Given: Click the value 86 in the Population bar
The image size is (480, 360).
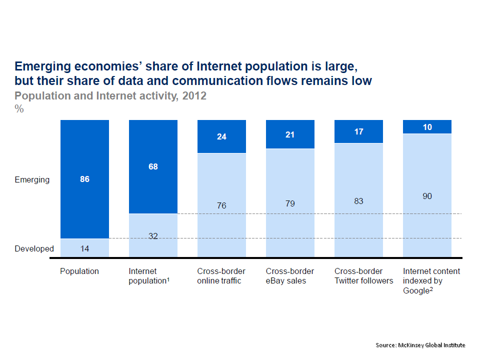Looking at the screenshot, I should pos(84,179).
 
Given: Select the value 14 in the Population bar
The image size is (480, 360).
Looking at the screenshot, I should pos(84,248).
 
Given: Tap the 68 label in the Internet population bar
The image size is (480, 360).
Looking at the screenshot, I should pos(153,166).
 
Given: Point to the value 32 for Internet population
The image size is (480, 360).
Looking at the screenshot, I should pos(153,236).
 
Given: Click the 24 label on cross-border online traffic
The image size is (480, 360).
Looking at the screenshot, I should pos(221,136).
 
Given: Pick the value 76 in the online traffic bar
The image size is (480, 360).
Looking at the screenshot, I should pos(221,205).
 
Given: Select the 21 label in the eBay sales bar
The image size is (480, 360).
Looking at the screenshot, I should pos(290,134).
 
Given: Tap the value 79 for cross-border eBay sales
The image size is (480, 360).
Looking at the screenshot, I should pos(290,203).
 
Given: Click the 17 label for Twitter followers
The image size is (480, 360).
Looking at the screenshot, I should pos(358,132).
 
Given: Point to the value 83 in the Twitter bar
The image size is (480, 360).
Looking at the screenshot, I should pos(358,201).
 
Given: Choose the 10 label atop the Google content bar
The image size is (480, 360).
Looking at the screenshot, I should pos(427,127).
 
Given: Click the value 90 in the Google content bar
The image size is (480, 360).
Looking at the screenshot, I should pos(427,196).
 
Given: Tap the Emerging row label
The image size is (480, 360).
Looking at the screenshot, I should pos(32,179).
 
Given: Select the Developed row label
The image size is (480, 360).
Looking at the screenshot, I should pos(34,248).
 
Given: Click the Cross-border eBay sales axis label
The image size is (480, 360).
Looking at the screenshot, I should pos(290,275).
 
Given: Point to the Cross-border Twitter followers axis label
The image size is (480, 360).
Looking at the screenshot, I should pos(363,275).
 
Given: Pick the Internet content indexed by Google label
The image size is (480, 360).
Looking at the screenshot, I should pos(431,280).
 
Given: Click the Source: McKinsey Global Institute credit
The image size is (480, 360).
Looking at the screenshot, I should pos(420,345).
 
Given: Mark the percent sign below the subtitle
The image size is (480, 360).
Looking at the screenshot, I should pos(19,108).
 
